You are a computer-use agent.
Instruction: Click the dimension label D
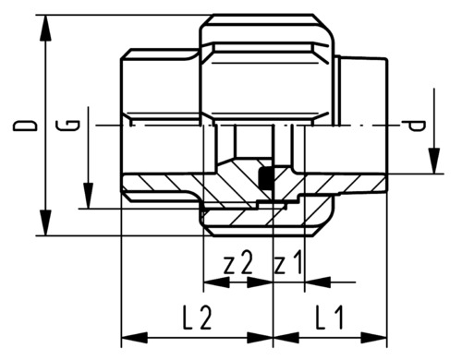[25, 126]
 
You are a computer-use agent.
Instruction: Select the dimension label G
[68, 126]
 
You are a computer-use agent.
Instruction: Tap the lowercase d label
[417, 126]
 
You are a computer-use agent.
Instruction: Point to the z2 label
[238, 263]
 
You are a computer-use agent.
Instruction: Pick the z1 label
[288, 263]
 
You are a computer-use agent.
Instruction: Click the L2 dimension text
[197, 318]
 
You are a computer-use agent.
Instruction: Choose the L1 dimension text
[329, 318]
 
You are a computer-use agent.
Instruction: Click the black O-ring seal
[265, 178]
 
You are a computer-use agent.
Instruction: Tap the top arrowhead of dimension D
[46, 28]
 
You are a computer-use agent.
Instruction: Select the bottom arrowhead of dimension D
[46, 222]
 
